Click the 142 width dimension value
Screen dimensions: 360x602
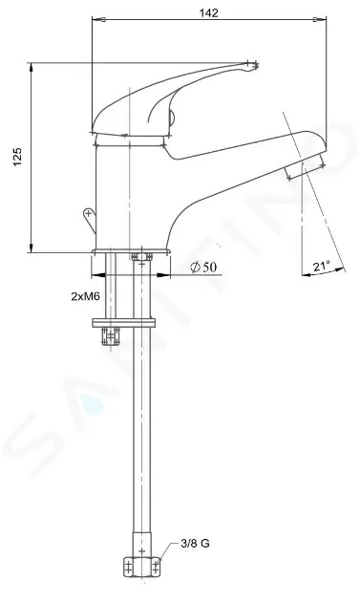point(208,12)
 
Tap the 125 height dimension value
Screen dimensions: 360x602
point(18,157)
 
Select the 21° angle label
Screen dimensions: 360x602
point(321,266)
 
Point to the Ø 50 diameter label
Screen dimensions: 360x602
point(203,267)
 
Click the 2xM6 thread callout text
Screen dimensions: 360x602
point(86,296)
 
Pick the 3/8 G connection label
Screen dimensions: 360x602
point(195,544)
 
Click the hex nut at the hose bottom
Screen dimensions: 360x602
point(141,567)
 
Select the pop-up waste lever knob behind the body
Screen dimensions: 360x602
point(90,220)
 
